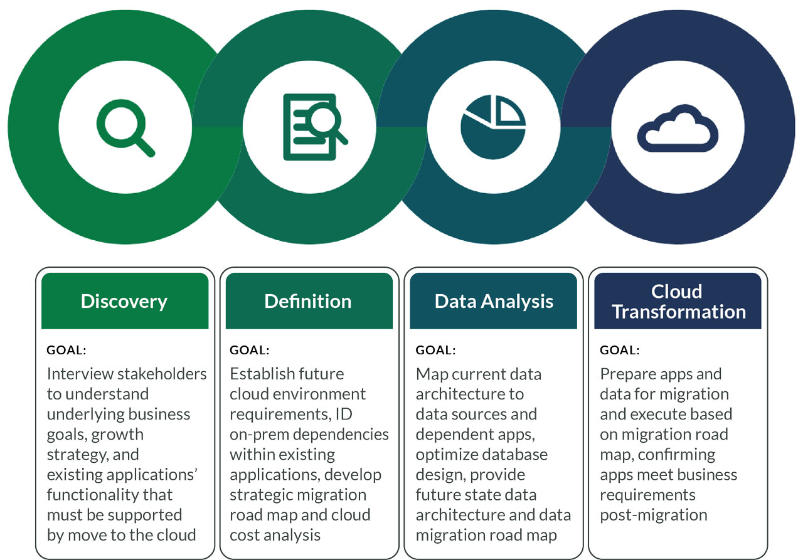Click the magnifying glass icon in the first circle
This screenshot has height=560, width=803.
125,128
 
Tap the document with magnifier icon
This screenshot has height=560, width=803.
315,127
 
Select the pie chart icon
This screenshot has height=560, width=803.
494,127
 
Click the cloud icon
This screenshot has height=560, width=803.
678,129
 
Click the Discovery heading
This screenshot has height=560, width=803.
124,302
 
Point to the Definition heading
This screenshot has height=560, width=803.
308,301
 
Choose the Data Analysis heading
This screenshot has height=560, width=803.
494,302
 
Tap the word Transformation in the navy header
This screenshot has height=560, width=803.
679,312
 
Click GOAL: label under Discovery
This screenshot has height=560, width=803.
66,350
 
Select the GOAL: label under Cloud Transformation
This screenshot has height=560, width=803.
619,350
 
